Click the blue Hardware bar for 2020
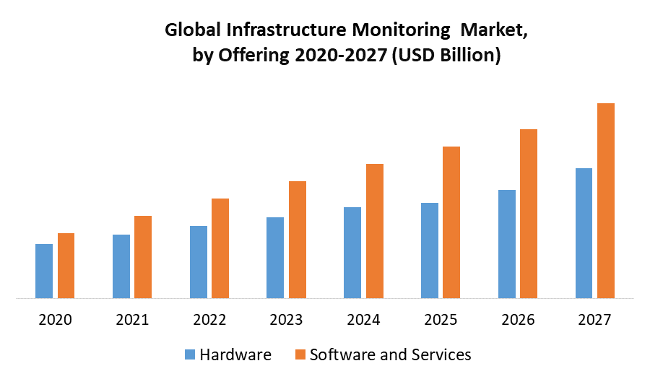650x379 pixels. pos(44,271)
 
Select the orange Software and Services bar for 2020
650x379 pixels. pos(66,265)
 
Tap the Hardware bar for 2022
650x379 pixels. pos(199,261)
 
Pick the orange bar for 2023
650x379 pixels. pos(298,239)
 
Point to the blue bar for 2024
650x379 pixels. pos(352,252)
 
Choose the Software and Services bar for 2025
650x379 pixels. pos(451,222)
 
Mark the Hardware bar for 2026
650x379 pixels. pos(507,243)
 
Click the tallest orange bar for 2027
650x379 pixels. pos(606,200)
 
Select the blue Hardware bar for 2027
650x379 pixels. pos(584,232)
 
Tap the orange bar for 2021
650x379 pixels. pos(143,256)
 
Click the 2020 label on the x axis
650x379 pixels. pos(55,320)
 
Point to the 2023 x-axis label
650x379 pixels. pos(286,320)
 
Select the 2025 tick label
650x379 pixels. pos(441,320)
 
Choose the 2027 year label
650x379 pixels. pos(594,320)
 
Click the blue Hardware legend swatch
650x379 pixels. pos(190,354)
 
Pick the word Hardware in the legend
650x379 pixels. pos(235,354)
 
